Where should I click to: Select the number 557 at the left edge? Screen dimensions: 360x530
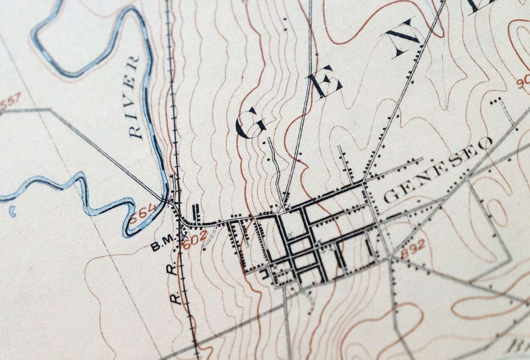point(9,101)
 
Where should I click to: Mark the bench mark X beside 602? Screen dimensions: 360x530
point(185,232)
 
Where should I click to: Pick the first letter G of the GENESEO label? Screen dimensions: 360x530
point(390,197)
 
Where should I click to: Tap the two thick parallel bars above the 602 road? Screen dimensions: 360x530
point(198,213)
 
